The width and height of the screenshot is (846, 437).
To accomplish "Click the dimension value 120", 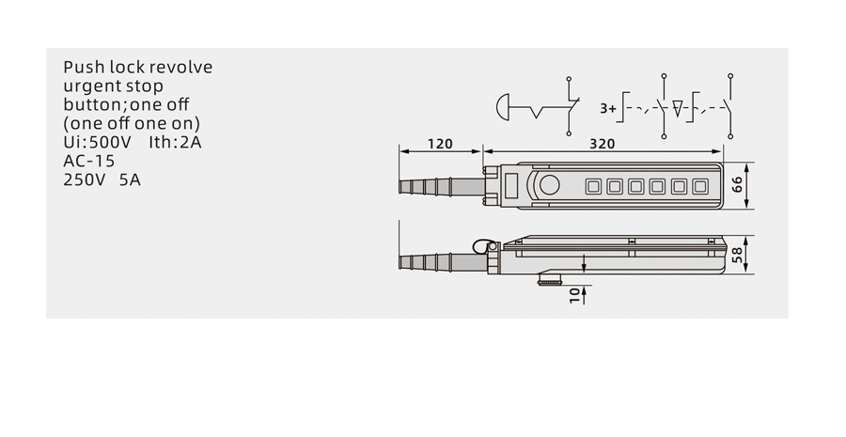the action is (440, 144).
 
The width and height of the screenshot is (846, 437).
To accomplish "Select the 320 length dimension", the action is (602, 144).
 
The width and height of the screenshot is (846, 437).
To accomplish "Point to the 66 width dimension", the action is (737, 185).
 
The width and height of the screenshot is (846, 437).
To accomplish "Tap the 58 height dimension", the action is (737, 254).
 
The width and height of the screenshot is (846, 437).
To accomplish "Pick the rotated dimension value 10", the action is (574, 295).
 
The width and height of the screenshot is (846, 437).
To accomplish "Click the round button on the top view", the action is (549, 185).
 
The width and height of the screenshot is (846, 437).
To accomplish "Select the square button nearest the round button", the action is (592, 187).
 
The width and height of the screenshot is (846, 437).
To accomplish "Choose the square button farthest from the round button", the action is (699, 187).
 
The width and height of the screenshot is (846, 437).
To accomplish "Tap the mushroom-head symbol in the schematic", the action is (502, 106).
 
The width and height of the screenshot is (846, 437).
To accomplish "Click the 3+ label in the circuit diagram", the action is (607, 108).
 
